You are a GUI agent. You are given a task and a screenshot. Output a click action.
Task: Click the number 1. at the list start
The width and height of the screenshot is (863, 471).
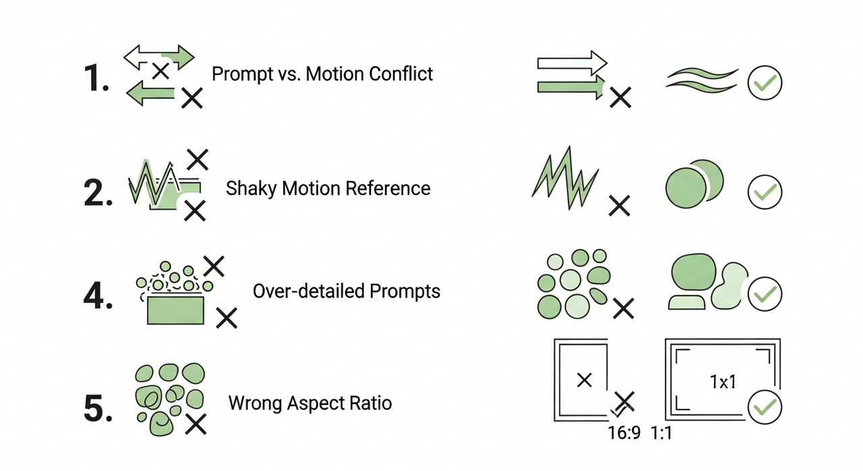tap(95, 78)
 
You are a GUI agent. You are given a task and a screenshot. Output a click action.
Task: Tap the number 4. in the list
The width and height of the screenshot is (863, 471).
tap(98, 296)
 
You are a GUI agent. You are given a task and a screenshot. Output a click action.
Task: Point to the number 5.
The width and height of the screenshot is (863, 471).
tap(98, 408)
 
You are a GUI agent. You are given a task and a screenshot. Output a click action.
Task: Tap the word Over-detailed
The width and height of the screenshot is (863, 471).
tap(310, 292)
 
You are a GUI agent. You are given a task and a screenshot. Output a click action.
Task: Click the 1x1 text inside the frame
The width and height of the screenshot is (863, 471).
tap(722, 382)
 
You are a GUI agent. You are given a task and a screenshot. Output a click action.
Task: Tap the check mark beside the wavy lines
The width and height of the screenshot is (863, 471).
tap(765, 83)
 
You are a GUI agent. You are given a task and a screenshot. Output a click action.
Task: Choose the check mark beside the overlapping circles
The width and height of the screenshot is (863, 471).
tap(765, 193)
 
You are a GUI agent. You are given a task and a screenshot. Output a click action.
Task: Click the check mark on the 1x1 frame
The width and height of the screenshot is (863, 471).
tap(765, 408)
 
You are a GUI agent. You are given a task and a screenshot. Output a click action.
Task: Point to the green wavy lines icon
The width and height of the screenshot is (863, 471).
tap(702, 80)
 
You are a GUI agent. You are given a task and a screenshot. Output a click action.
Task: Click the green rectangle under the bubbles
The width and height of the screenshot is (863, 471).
tap(175, 310)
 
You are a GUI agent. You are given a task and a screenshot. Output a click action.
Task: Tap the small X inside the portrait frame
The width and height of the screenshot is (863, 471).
tap(585, 380)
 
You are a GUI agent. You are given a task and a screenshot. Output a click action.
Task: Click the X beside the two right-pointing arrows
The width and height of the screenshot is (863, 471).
tap(620, 99)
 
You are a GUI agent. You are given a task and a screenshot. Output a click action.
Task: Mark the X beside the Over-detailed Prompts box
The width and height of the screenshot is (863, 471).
tap(226, 317)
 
